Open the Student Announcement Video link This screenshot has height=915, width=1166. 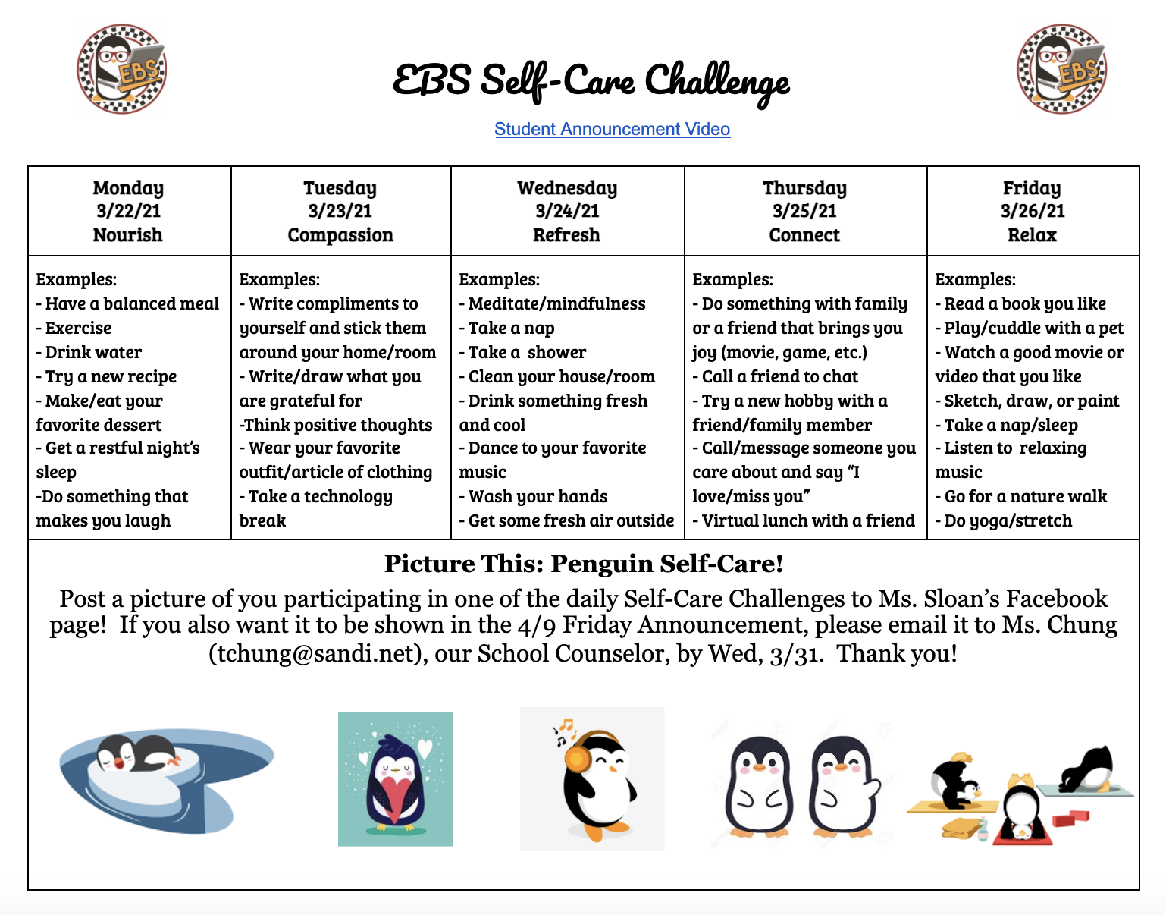point(613,130)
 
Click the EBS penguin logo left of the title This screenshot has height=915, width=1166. point(122,69)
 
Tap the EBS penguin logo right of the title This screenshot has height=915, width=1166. point(1062,69)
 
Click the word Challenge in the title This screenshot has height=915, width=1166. point(717,83)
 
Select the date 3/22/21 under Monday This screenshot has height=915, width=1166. point(129,211)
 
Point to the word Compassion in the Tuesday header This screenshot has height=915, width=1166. point(340,235)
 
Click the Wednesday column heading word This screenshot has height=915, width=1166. point(567,188)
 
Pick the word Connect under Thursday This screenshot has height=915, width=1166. point(804,235)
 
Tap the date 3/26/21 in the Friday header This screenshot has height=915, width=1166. point(1033,211)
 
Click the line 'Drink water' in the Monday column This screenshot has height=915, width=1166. point(89,352)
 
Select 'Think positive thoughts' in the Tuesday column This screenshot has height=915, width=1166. point(336,425)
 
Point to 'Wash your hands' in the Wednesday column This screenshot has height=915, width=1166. point(534,497)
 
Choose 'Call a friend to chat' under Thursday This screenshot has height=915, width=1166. point(776,376)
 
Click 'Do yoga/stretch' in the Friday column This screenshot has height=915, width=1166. point(1004,521)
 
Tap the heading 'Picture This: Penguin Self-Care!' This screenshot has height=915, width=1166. point(584,564)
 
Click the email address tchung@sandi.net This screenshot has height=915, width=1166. point(317,654)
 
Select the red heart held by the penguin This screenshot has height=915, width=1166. point(396,797)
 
